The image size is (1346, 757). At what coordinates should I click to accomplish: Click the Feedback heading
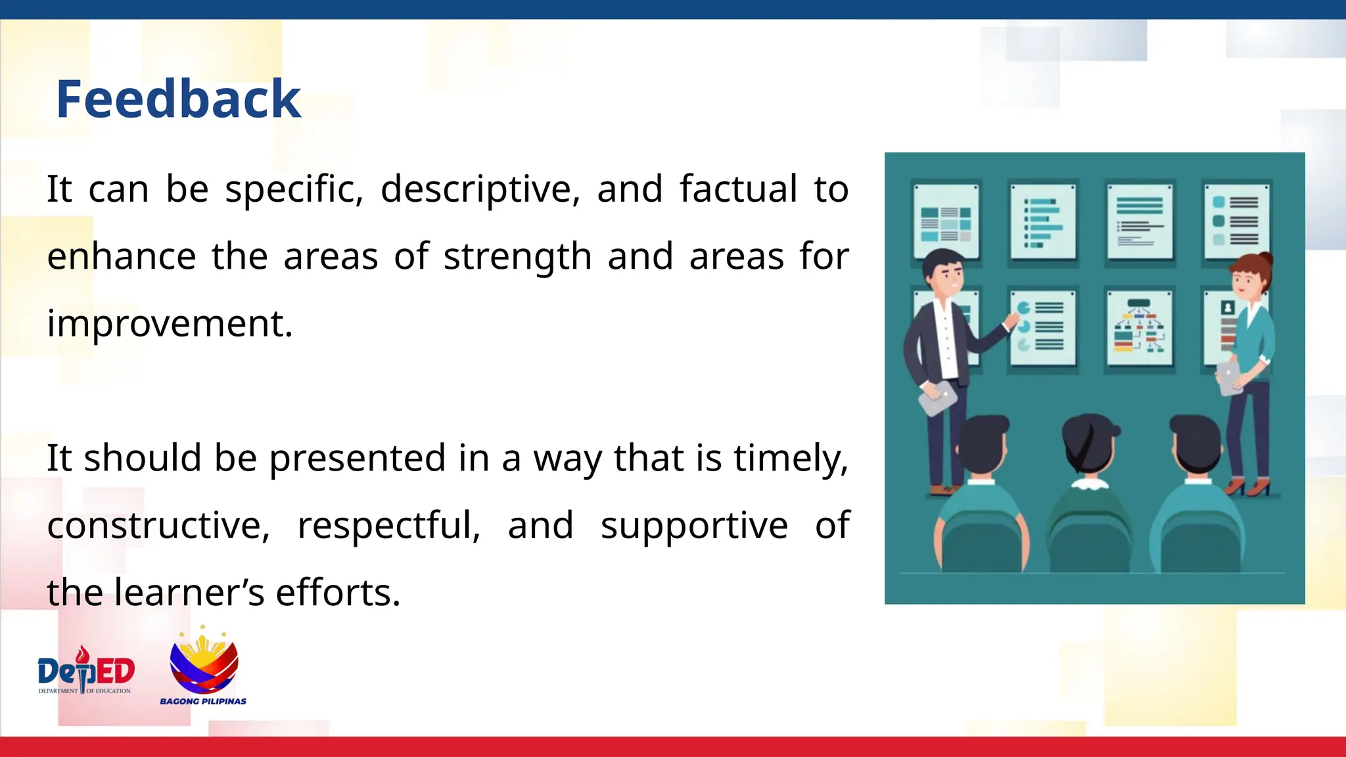(x=178, y=99)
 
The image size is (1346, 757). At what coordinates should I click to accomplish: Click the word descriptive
(x=480, y=189)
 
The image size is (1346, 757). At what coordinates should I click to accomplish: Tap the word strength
(x=517, y=256)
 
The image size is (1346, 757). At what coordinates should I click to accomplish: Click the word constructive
(x=158, y=525)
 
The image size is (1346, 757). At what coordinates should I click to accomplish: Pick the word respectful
(x=388, y=525)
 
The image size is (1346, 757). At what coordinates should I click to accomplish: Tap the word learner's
(x=189, y=592)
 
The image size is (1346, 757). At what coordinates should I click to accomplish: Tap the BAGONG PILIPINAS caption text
(x=203, y=701)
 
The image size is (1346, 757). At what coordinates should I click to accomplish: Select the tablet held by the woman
(x=1229, y=378)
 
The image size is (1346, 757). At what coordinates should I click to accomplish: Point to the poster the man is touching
(x=1043, y=327)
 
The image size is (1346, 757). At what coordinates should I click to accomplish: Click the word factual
(x=737, y=189)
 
